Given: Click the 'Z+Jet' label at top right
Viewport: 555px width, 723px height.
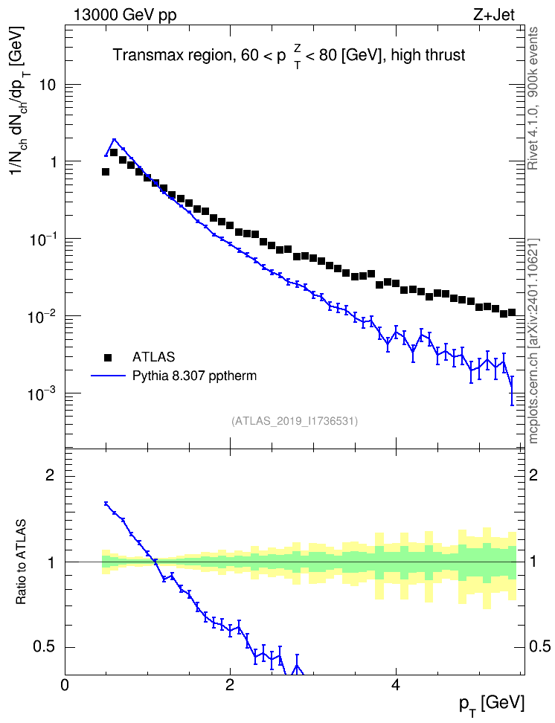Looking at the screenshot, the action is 494,15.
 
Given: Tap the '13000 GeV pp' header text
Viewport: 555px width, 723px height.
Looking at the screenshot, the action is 125,16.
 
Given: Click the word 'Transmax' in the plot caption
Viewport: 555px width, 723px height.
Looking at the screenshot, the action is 144,55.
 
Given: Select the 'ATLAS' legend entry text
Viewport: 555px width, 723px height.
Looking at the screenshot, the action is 153,357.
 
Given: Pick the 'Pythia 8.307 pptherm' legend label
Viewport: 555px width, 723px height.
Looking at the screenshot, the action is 194,376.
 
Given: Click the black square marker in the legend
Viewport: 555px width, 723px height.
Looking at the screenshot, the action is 108,357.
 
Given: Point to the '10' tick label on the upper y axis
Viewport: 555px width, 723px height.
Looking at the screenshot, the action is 46,86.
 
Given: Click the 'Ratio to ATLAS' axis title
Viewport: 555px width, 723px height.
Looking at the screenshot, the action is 21,562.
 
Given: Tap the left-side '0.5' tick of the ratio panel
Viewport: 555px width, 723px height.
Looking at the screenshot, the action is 45,646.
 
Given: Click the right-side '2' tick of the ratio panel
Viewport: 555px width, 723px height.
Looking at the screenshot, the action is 533,475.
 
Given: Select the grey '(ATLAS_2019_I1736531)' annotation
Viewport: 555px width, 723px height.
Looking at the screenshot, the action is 295,420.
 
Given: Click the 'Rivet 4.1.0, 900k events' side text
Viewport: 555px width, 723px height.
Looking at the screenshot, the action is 533,99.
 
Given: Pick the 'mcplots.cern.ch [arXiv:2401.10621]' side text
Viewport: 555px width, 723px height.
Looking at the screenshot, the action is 533,341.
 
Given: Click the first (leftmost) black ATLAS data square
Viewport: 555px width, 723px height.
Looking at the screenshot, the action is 106,172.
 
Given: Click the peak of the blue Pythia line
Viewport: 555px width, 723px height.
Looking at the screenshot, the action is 114,139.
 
